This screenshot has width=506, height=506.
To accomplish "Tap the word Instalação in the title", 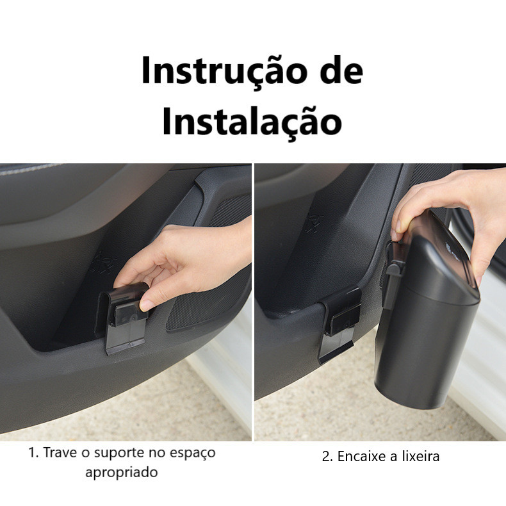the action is [x=252, y=121].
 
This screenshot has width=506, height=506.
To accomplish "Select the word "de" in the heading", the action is [x=342, y=70].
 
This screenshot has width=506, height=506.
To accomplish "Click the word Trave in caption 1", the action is [x=60, y=452].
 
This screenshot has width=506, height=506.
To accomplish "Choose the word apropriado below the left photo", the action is [x=122, y=473].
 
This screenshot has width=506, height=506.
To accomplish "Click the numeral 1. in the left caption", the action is [x=33, y=452].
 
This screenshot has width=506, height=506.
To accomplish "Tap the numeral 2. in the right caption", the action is [x=328, y=457].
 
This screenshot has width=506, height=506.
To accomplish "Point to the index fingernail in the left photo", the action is [x=147, y=305].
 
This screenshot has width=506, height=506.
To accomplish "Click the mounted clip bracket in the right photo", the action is [x=339, y=323].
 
